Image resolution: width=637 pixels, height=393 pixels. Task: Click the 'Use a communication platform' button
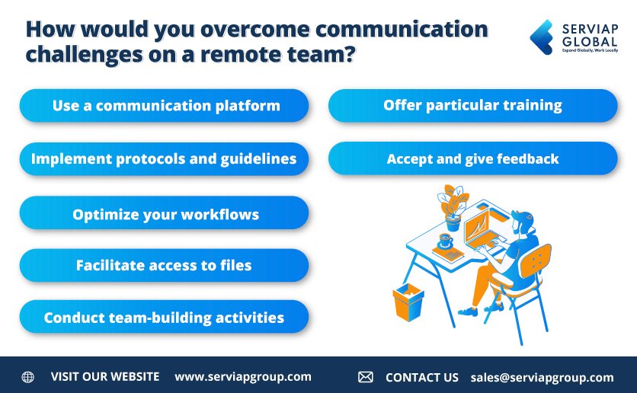point(164,106)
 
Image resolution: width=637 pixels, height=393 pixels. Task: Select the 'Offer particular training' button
point(472,106)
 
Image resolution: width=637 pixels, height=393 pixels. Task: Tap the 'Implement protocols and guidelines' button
point(164,159)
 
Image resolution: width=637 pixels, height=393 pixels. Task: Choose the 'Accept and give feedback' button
point(472,159)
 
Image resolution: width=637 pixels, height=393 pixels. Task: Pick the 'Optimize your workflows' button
point(164,214)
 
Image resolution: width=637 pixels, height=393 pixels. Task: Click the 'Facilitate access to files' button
point(164,266)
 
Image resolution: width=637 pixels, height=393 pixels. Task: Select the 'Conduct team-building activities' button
point(164,318)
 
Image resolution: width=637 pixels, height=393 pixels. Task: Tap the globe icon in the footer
point(28,377)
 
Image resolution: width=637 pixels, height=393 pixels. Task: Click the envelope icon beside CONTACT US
point(366,377)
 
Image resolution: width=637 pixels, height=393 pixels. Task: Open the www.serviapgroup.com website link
point(243,377)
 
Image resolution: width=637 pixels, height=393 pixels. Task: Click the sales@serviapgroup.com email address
point(542,377)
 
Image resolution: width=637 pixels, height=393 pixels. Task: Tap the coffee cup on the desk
point(446,241)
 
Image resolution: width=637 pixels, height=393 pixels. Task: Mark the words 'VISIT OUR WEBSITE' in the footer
point(105,377)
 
